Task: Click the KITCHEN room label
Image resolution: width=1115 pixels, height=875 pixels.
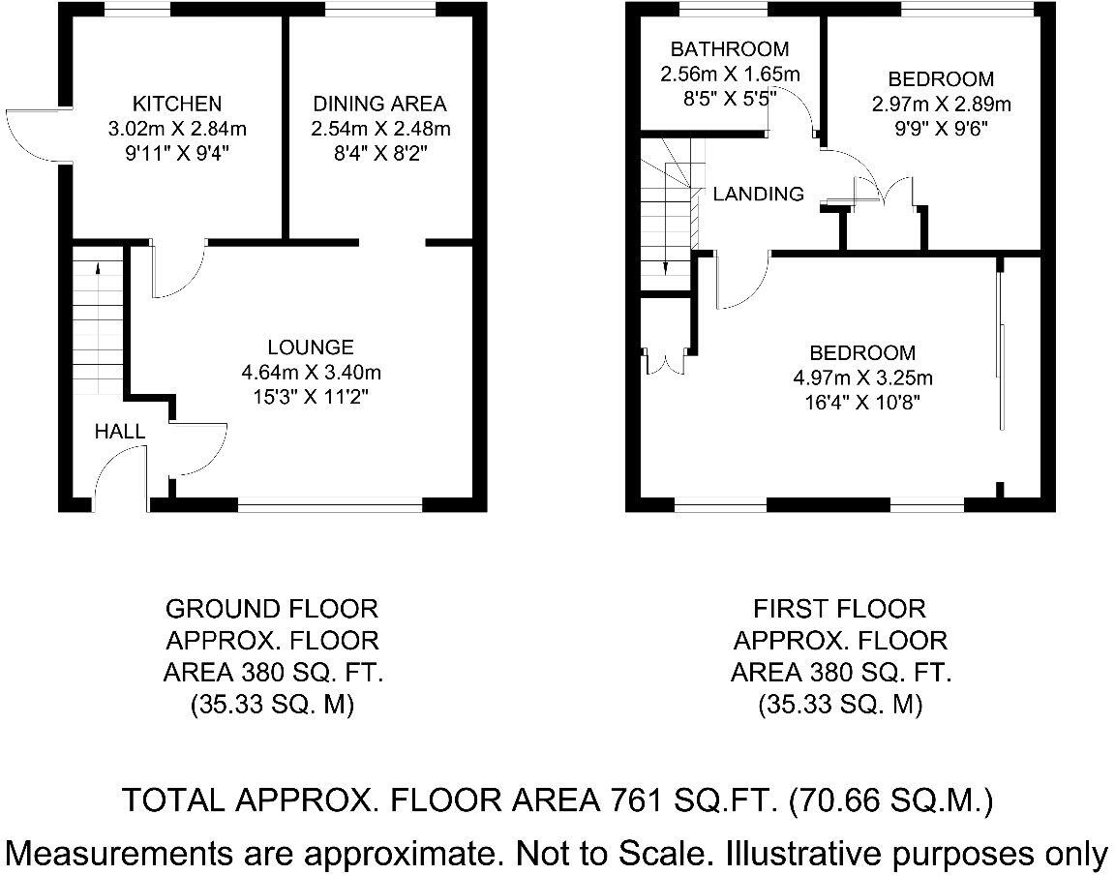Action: [177, 104]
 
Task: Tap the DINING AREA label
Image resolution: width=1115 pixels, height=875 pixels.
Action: [379, 104]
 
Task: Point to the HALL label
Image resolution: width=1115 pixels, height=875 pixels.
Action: [120, 432]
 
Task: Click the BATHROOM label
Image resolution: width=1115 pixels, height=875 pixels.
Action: [730, 48]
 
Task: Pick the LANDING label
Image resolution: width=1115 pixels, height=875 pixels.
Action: [758, 194]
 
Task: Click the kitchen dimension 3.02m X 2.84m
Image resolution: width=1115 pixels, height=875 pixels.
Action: [177, 128]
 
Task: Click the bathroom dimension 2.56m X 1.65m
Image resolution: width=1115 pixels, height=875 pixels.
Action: [730, 74]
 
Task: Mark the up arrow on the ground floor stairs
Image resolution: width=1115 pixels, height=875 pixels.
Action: [100, 271]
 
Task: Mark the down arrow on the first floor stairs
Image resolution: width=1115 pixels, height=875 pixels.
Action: [667, 261]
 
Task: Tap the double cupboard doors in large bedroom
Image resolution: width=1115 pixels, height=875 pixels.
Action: [665, 360]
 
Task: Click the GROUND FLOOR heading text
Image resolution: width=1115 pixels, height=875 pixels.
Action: [272, 609]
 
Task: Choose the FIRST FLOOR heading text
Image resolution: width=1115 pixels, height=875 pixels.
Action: [839, 609]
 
